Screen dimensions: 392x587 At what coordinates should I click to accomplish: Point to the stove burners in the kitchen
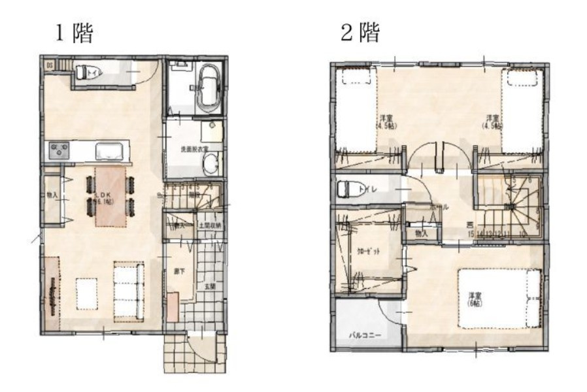click(58, 152)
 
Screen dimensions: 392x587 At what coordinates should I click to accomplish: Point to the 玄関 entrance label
click(210, 286)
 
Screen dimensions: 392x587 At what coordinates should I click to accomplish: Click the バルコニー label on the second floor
click(361, 335)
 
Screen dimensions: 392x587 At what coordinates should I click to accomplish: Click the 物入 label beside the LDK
click(52, 195)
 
